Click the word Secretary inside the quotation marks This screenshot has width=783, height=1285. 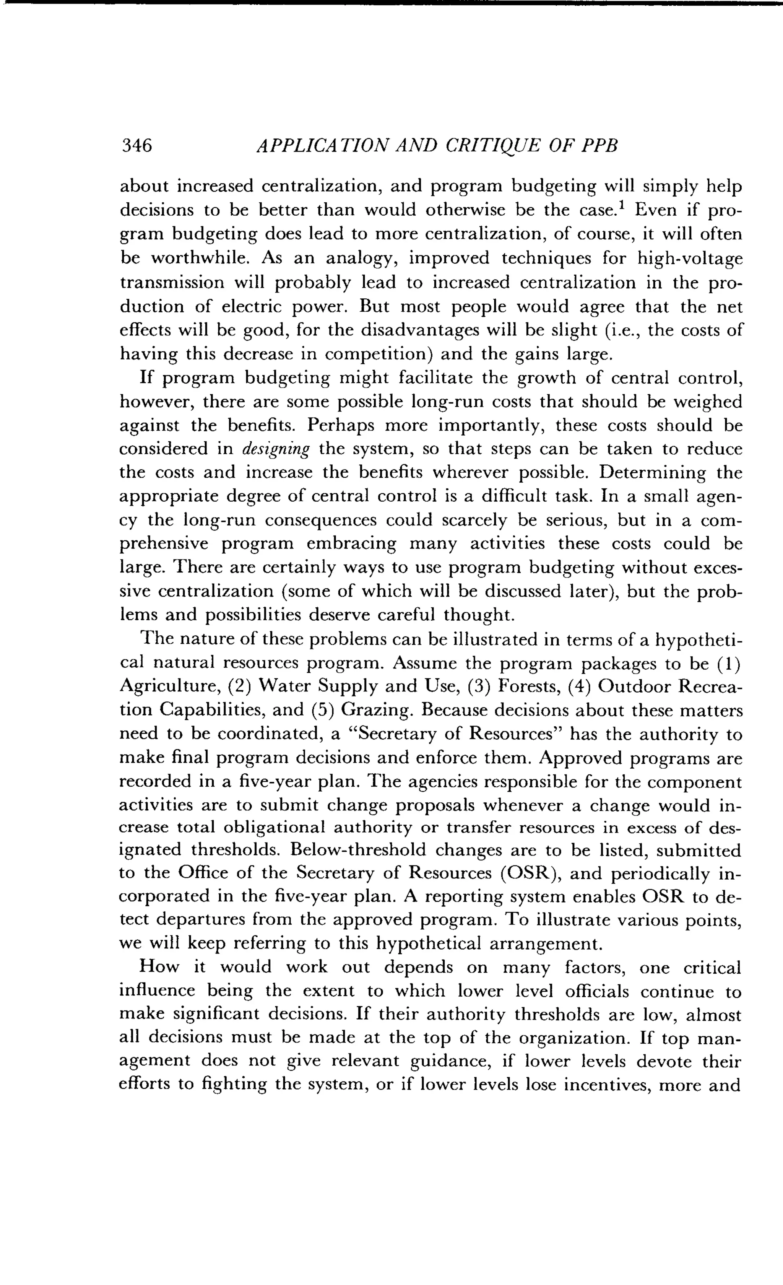[x=393, y=734]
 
